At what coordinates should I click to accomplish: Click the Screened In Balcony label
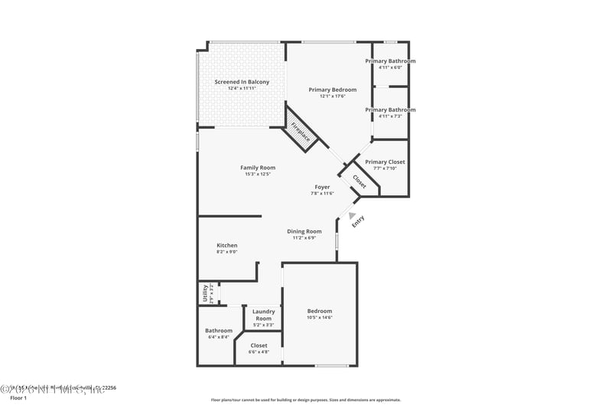coord(242,81)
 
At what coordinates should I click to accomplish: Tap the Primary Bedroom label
coord(332,90)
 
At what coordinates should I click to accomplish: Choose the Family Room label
coord(258,168)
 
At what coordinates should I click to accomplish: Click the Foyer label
coord(322,187)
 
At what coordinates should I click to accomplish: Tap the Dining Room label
coord(304,231)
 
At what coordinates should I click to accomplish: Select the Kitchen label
coord(227,246)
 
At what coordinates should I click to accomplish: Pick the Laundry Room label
coord(263,315)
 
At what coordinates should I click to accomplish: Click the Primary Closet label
coord(385,162)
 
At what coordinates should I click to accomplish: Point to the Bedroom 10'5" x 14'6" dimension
coord(320,318)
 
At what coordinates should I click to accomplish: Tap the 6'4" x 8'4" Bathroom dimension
coord(219,337)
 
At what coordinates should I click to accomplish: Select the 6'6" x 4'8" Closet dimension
coord(259,352)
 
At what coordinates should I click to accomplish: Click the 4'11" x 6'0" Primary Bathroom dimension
coord(390,67)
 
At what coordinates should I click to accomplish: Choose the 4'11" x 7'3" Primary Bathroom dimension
coord(390,116)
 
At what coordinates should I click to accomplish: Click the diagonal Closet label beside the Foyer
coord(360,181)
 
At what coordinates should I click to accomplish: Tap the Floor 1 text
coord(18,398)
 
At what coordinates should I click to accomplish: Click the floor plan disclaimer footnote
coord(305,400)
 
